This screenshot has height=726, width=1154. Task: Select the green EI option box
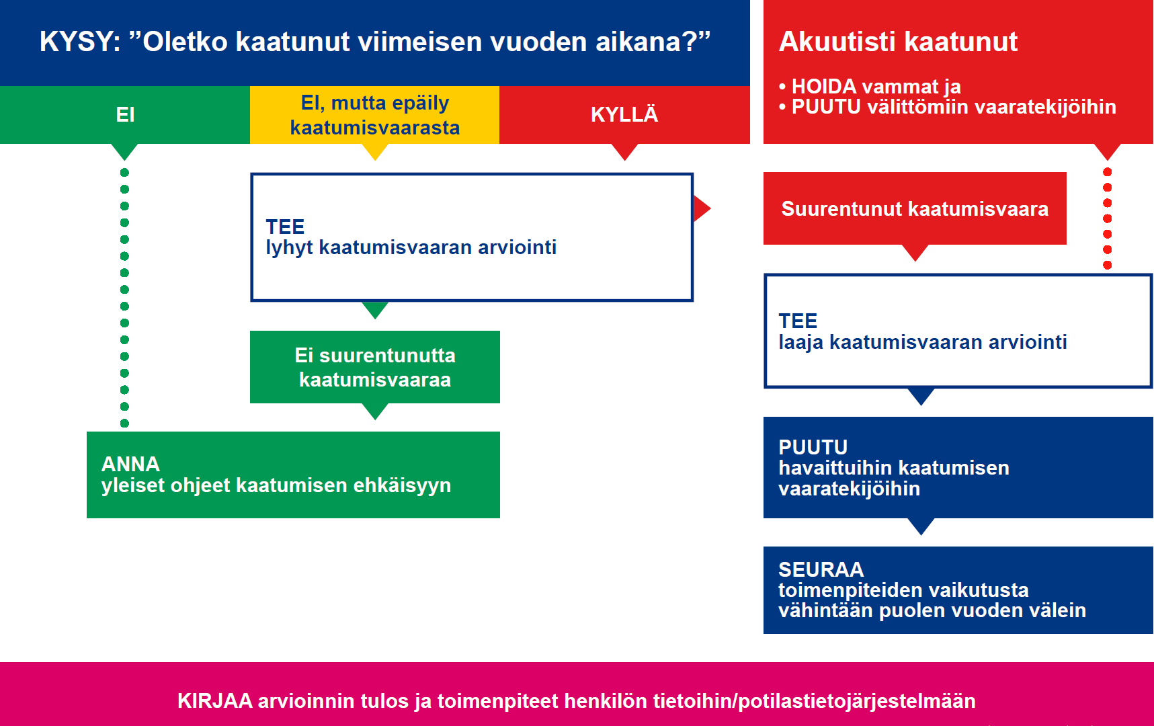coord(125,114)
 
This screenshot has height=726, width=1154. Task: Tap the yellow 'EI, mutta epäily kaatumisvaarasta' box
coord(374,115)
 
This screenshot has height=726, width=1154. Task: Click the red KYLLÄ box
coord(624,114)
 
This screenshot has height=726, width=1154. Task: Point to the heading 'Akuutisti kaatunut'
coord(898,42)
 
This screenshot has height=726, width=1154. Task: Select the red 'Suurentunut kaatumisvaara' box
coord(915,208)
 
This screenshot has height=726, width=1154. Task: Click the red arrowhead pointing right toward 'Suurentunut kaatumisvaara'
coord(701,208)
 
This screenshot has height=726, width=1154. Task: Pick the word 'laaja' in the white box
coord(800,342)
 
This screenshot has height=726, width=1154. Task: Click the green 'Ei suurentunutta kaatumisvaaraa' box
coord(374,367)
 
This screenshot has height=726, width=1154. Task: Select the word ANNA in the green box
coord(130,464)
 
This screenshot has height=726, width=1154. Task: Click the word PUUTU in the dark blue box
coord(813,447)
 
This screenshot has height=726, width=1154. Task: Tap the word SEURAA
coord(821,569)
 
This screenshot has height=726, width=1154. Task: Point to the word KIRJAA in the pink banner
coord(214,701)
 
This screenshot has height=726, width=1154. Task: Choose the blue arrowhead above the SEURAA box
coord(921,526)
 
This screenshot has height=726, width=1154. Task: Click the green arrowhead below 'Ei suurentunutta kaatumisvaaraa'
coord(375,411)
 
